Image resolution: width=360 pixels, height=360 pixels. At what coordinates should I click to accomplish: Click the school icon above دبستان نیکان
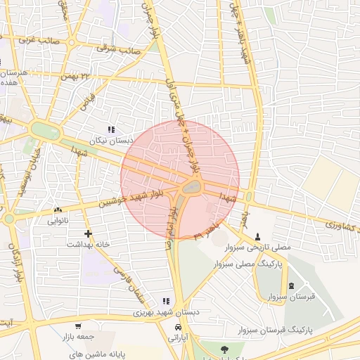point(111,129)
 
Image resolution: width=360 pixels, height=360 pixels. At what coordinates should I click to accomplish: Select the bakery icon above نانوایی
point(58,210)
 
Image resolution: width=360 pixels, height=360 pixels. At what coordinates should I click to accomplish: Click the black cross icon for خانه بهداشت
point(88,233)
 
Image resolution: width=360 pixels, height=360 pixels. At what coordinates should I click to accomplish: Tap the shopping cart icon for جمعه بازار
point(77,326)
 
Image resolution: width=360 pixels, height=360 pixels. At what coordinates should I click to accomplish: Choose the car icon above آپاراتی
point(179,327)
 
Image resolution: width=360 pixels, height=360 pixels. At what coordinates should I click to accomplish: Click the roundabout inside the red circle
point(191,188)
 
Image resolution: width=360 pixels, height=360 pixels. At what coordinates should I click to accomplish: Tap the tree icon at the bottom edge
point(223,348)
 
